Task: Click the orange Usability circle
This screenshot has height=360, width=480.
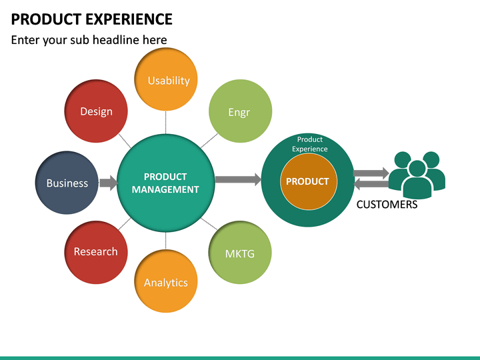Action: (x=169, y=81)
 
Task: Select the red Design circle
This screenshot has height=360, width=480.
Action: (x=97, y=111)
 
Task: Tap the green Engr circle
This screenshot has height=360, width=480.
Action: (x=239, y=112)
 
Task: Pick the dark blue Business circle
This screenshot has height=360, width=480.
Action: (x=67, y=183)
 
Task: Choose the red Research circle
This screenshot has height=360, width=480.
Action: (x=96, y=251)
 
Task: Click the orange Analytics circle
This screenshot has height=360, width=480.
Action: (x=166, y=282)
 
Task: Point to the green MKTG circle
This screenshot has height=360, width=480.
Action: (x=239, y=253)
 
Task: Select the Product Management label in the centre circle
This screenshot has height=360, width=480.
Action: (x=165, y=183)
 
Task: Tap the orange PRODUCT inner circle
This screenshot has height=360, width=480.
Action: (x=308, y=181)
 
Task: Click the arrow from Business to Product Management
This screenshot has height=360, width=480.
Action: (x=108, y=183)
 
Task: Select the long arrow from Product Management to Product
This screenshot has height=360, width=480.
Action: (x=238, y=179)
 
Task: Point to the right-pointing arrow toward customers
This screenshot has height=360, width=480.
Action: (x=371, y=173)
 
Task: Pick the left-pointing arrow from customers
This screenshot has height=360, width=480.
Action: (x=371, y=184)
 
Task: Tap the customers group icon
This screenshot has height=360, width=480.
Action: (x=417, y=175)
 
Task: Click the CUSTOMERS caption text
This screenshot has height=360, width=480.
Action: (x=387, y=205)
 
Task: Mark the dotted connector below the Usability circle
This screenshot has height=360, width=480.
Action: (x=166, y=122)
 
